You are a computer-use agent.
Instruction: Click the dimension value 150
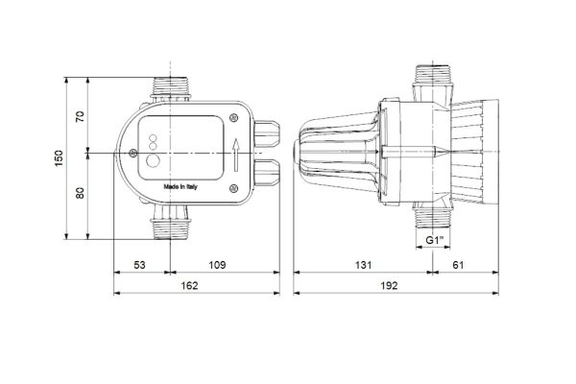pos(60,158)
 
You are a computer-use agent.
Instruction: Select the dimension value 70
pos(80,116)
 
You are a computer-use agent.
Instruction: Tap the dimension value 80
pos(80,193)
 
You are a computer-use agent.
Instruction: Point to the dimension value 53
pos(139,265)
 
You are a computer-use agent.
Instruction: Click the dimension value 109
pos(217,265)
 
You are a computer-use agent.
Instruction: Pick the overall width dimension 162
pos(189,285)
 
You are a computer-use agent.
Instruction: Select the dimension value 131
pos(363,265)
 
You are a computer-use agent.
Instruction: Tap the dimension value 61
pos(458,265)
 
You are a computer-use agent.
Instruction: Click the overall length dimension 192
pos(389,285)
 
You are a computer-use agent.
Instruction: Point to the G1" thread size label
pos(435,240)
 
